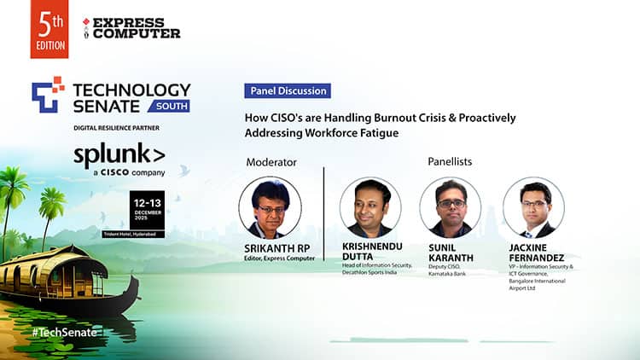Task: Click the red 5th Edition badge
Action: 49,29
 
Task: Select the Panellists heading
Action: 450,161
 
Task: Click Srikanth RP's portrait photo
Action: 270,207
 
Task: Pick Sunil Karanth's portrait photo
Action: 451,207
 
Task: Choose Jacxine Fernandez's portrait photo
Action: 533,207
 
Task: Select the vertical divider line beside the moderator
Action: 323,213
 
